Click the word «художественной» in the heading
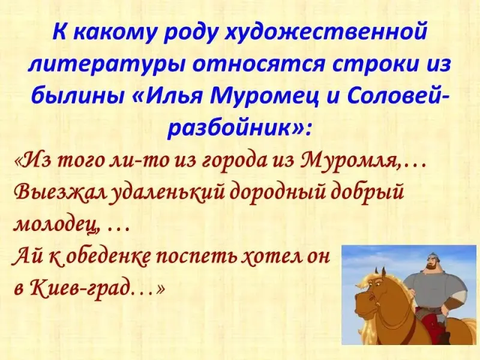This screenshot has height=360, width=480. pyautogui.click(x=326, y=32)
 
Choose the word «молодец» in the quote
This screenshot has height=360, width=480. pyautogui.click(x=56, y=227)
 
